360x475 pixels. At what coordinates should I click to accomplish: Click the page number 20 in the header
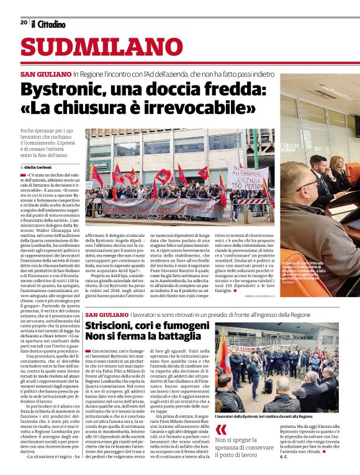pyautogui.click(x=24, y=22)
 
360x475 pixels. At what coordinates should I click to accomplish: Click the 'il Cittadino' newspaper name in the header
pyautogui.click(x=48, y=24)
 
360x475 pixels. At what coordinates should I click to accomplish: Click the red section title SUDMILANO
pyautogui.click(x=94, y=48)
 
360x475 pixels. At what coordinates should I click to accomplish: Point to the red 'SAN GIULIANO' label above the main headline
pyautogui.click(x=45, y=74)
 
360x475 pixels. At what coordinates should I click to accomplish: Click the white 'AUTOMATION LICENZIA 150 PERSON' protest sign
pyautogui.click(x=248, y=179)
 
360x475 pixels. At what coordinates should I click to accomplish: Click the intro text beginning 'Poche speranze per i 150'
pyautogui.click(x=50, y=143)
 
